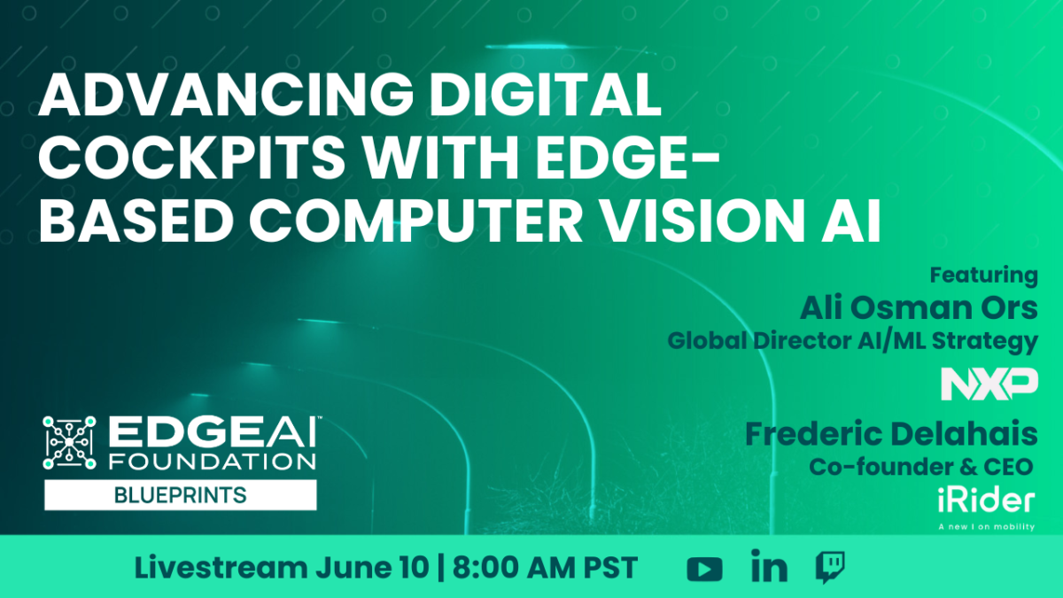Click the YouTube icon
[705, 569]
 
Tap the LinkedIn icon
[769, 566]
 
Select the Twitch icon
[830, 567]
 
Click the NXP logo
[989, 384]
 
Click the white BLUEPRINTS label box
[181, 495]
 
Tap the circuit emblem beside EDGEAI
[69, 443]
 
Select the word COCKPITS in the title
[191, 157]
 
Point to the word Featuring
[984, 276]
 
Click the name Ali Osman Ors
[919, 307]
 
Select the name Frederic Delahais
[891, 434]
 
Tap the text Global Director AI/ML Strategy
[853, 342]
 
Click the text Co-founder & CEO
[921, 467]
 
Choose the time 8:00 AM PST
[546, 568]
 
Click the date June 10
[372, 568]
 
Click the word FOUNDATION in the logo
[213, 462]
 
